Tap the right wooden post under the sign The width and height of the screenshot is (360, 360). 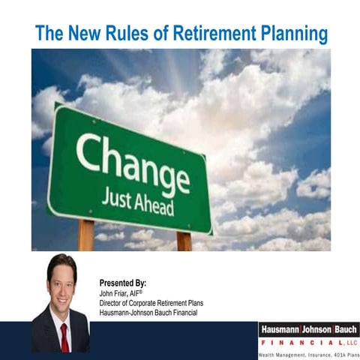(184, 240)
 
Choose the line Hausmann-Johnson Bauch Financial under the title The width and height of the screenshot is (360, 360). (148, 312)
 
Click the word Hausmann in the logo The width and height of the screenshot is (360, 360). (281, 329)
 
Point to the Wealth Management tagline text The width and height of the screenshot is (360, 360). (308, 354)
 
